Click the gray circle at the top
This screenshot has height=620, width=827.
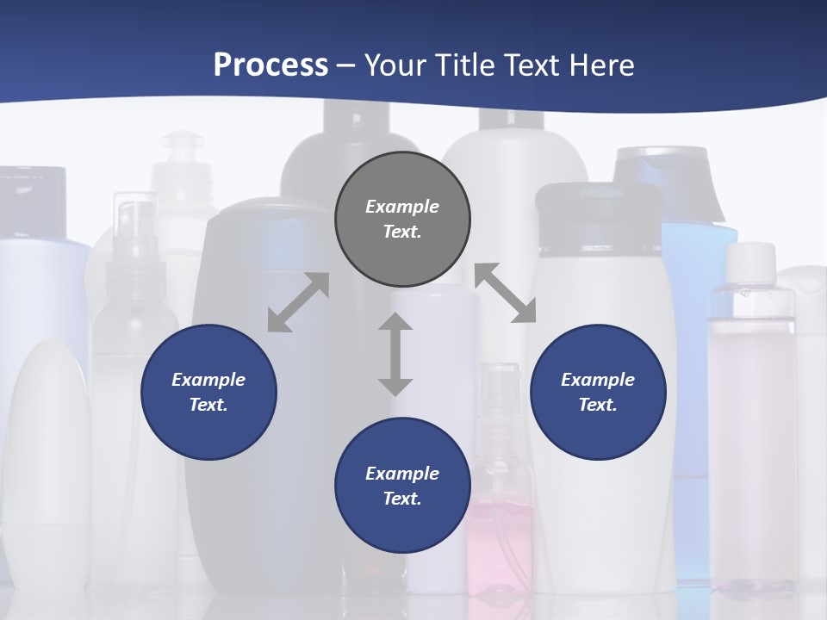(x=402, y=219)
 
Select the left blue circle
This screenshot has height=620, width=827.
(x=208, y=392)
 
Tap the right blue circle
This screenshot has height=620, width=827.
(x=598, y=392)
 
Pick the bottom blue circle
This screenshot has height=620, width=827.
(x=402, y=486)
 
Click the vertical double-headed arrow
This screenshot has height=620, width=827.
(x=395, y=354)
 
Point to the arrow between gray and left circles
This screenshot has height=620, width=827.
(x=298, y=302)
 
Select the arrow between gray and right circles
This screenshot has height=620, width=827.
(x=506, y=293)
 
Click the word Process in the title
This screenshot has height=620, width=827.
(x=270, y=65)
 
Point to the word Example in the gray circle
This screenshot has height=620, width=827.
(x=402, y=207)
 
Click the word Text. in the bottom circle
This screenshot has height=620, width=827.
(x=402, y=499)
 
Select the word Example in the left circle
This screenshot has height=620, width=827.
(x=208, y=380)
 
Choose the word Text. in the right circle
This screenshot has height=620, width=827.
(x=598, y=405)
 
